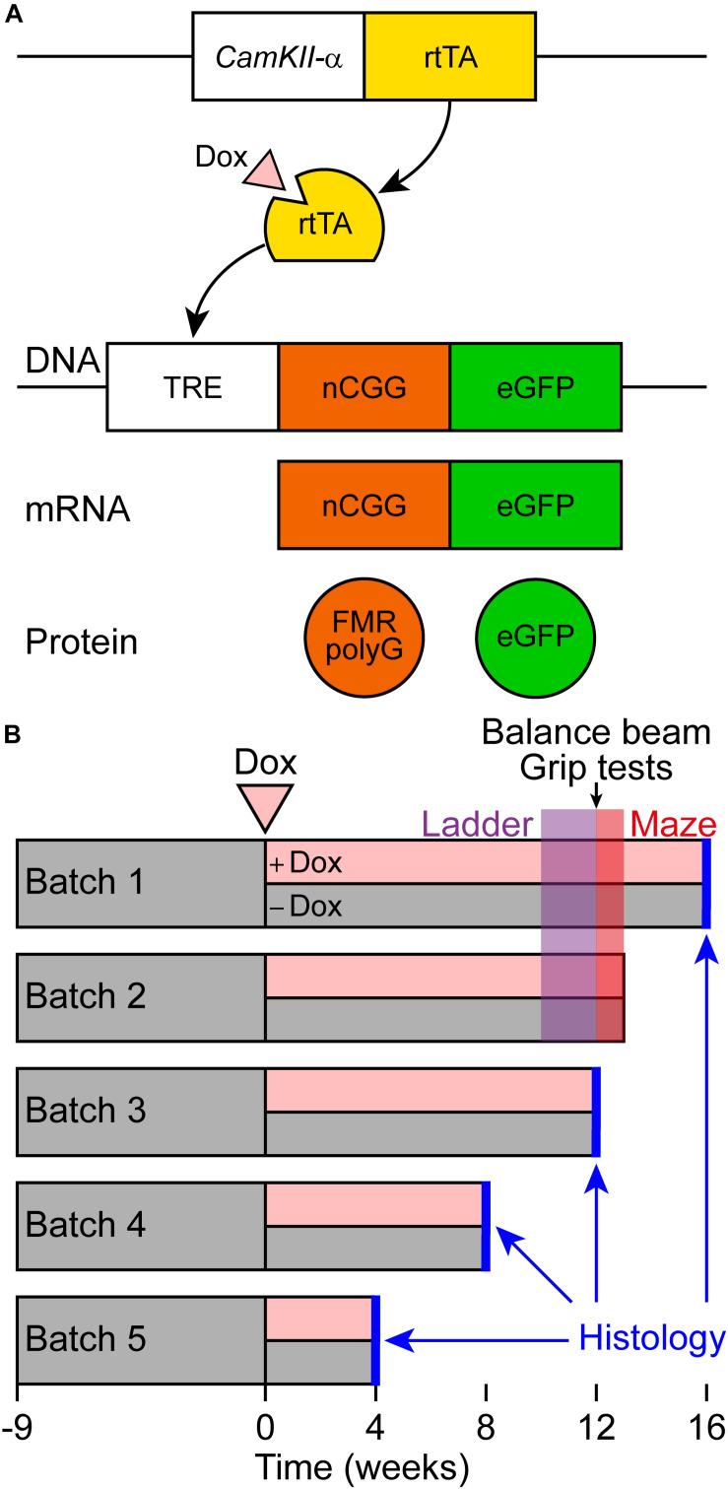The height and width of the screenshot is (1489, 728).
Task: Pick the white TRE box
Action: (x=192, y=386)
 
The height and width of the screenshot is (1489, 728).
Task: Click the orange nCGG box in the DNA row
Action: (x=364, y=386)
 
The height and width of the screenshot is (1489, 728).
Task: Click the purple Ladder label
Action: (x=477, y=822)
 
